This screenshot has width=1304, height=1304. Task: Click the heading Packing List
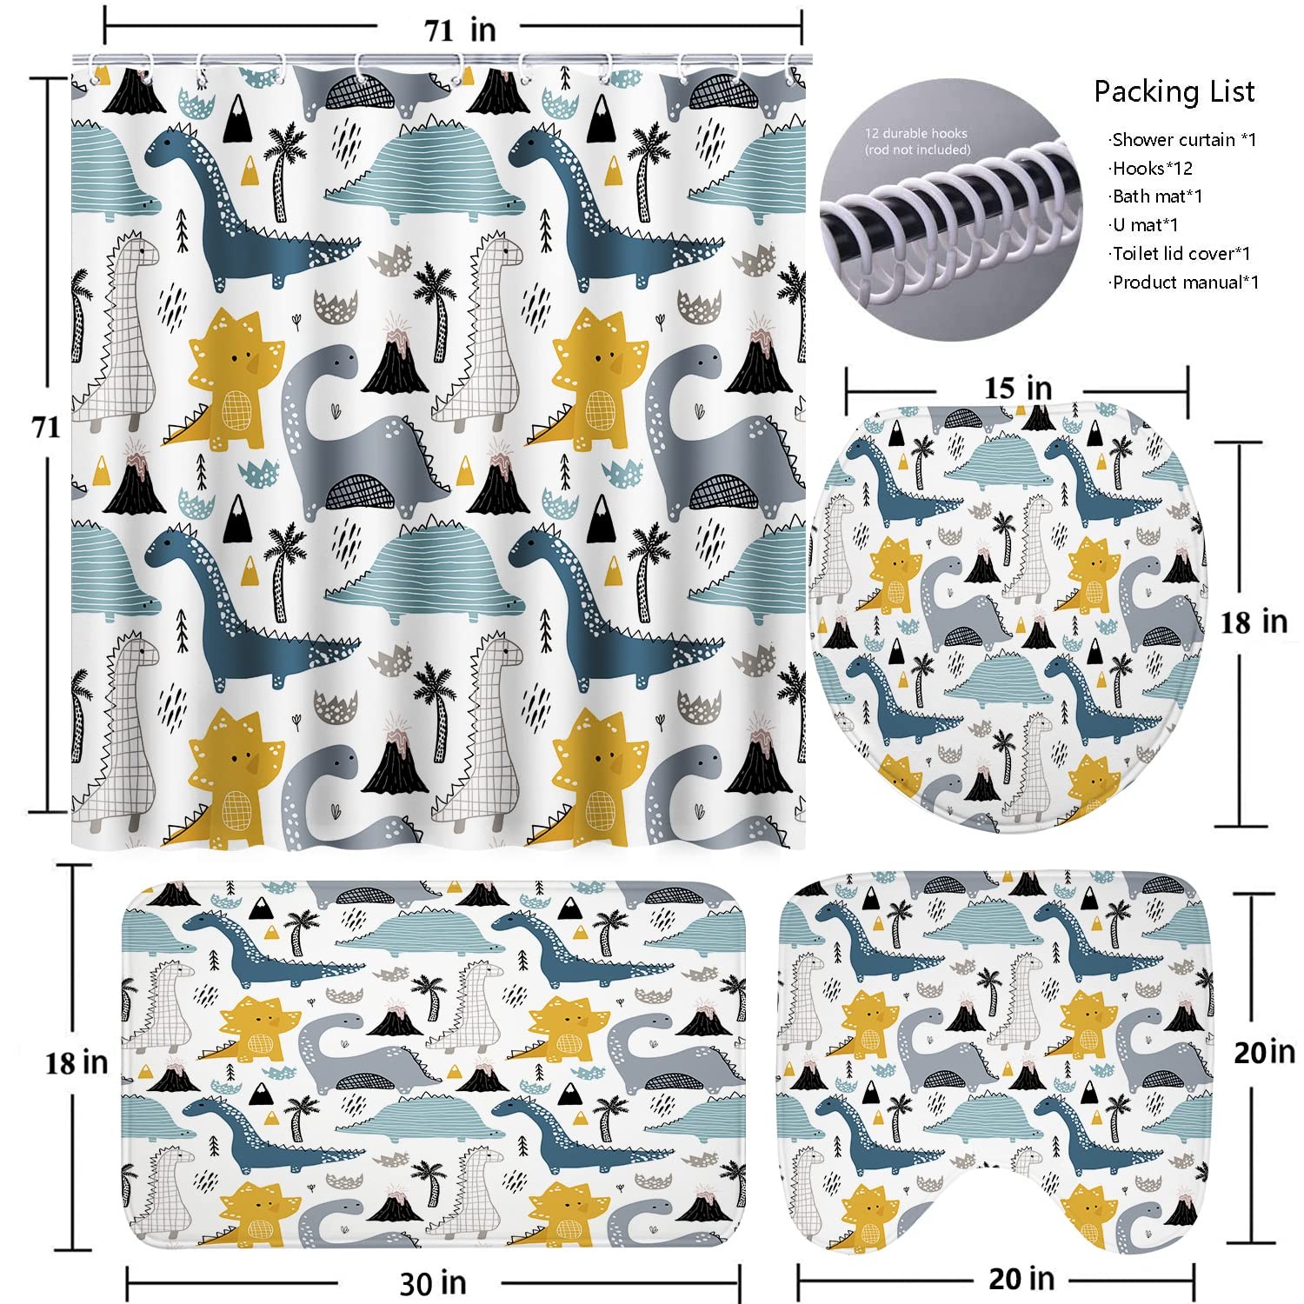[x=1174, y=91]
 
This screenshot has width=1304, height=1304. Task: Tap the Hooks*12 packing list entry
[x=1152, y=169]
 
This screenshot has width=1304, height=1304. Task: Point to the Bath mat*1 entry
[x=1157, y=196]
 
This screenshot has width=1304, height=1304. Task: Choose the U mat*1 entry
[x=1146, y=225]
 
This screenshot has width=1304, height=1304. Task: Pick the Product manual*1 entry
[x=1186, y=283]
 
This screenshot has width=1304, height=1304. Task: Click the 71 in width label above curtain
[x=460, y=30]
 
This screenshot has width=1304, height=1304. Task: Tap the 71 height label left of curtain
[x=46, y=427]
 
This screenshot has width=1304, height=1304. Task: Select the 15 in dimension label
[x=1017, y=388]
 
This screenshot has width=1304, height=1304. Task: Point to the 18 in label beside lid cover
[x=1253, y=622]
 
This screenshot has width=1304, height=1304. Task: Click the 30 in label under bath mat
[x=433, y=1283]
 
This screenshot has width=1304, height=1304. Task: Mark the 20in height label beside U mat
[x=1264, y=1053]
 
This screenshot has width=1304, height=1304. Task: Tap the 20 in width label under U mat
[x=1021, y=1279]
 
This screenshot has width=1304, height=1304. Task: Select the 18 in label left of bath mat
[x=77, y=1062]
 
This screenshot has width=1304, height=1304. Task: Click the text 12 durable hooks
[x=915, y=134]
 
